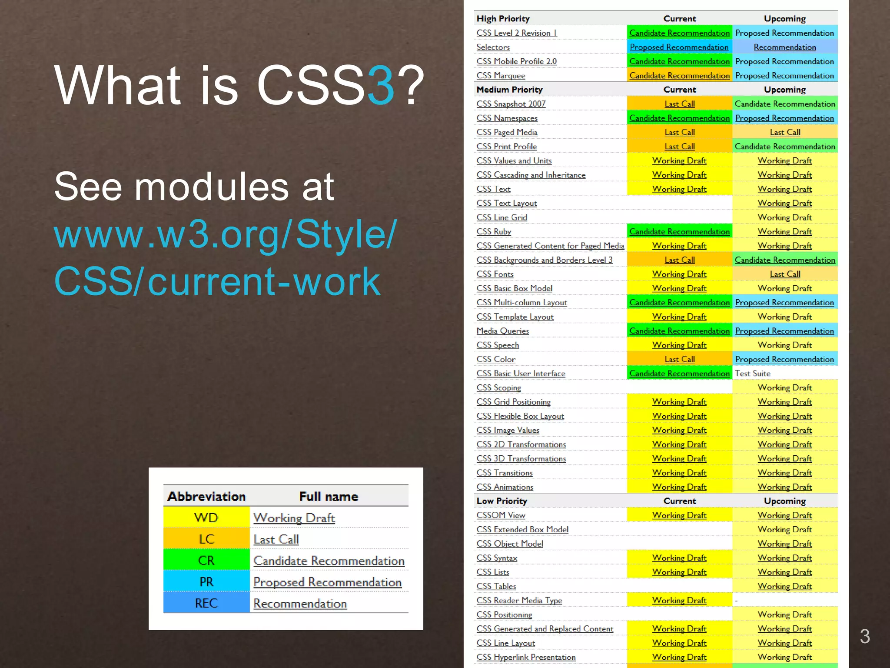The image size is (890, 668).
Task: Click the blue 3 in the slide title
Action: pos(381,86)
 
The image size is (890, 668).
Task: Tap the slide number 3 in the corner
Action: pos(864,636)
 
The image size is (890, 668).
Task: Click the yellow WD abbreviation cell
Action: pos(206,518)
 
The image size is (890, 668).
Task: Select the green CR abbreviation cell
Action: pos(206,560)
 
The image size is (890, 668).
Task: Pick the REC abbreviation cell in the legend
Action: pos(206,603)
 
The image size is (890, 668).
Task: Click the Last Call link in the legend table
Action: pos(276,539)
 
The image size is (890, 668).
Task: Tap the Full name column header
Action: pos(329,496)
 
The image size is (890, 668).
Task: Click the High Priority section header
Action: pos(503,19)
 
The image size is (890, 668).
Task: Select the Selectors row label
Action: pos(493,47)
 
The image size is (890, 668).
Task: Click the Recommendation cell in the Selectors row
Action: pos(784,47)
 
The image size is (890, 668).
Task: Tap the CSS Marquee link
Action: pos(501,76)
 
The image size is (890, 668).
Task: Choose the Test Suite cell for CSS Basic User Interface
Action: pos(753,373)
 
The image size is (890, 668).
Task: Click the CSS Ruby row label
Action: pos(494,231)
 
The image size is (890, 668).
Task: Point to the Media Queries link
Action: pos(502,331)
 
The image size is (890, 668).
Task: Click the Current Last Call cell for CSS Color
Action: pos(679,359)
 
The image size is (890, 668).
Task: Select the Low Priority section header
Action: pos(501,501)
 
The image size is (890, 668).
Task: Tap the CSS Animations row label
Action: pos(505,487)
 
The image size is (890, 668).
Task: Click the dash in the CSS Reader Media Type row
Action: pos(736,601)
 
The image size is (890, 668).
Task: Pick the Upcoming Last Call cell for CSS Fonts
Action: pos(784,274)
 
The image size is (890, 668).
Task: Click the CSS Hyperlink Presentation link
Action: pos(526,657)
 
